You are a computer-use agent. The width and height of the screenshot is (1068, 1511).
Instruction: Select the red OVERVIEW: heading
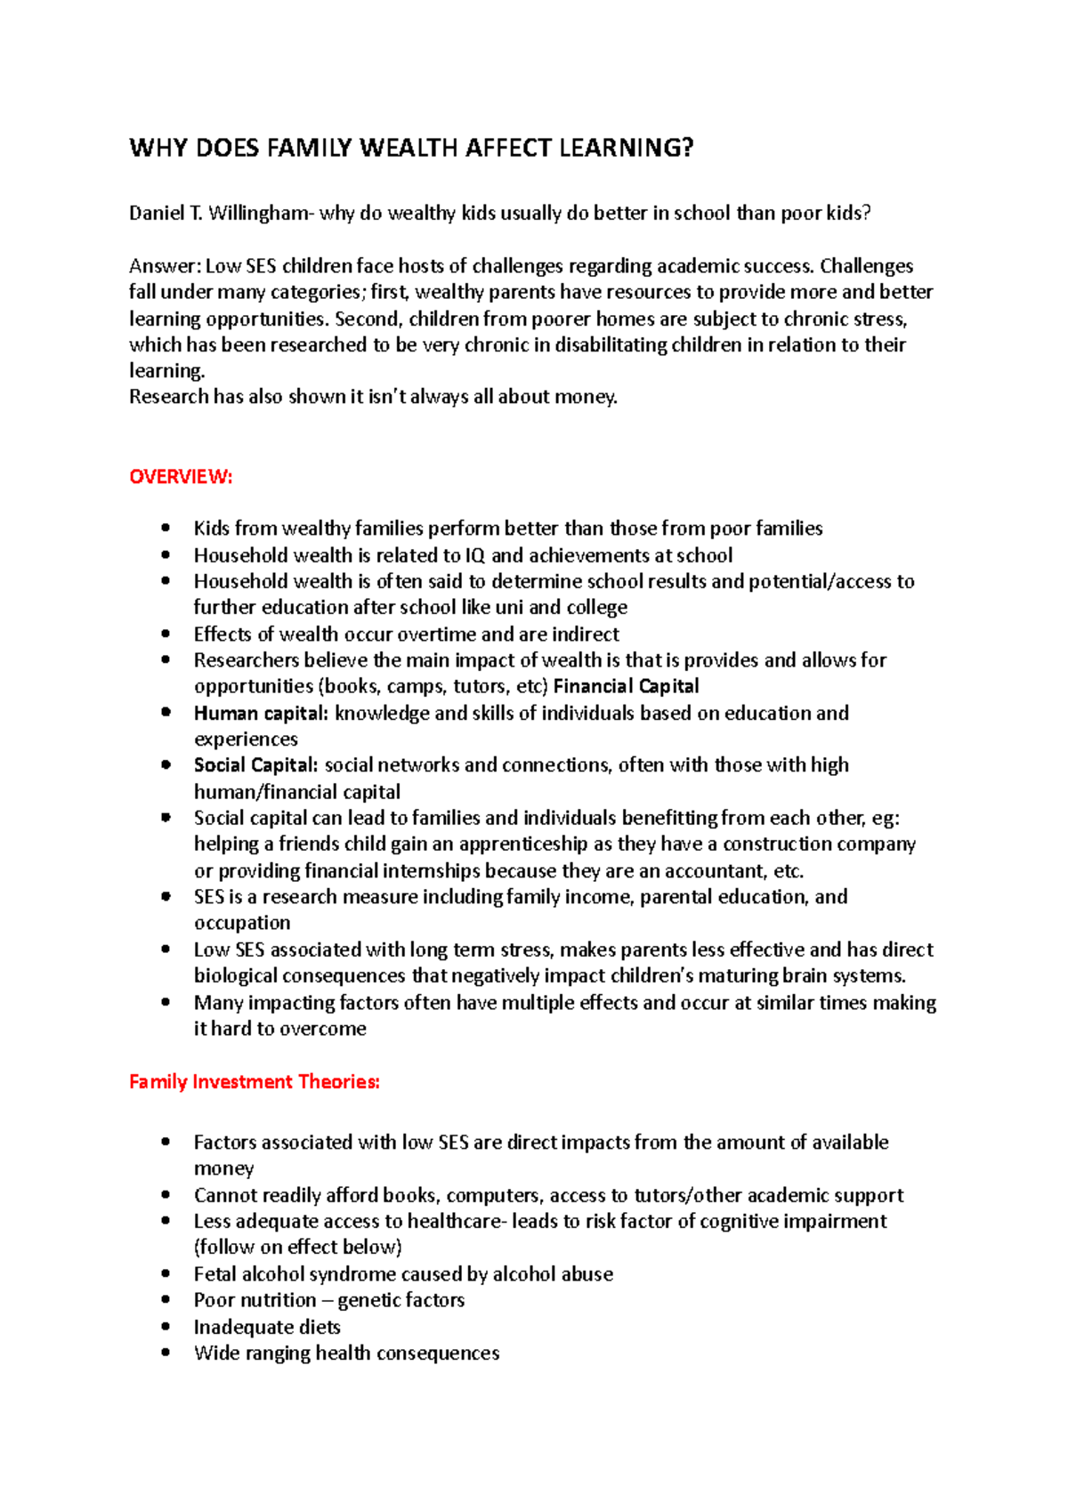point(181,477)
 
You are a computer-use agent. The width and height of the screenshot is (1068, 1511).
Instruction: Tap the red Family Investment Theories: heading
point(255,1082)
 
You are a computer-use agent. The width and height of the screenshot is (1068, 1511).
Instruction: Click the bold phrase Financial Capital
point(627,686)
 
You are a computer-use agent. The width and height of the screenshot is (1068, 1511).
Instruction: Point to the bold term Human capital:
point(262,713)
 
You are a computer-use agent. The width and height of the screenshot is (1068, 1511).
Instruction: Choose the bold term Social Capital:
point(255,765)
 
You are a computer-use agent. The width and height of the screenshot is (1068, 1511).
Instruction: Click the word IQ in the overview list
point(475,555)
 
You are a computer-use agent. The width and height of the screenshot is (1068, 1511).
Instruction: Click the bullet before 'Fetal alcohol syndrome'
point(166,1274)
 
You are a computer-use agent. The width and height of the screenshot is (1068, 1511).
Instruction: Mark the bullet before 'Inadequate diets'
point(166,1327)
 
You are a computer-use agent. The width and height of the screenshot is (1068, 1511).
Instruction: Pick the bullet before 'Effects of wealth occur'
point(166,634)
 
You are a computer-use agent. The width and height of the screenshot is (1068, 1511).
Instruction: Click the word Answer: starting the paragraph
point(165,266)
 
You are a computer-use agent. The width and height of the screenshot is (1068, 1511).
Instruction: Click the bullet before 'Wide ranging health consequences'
point(166,1353)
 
